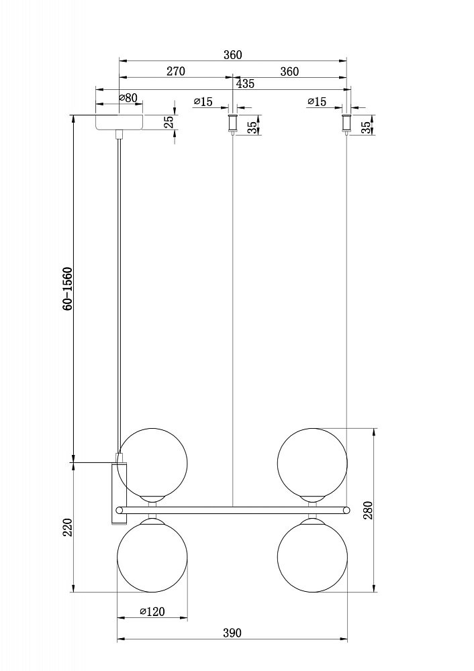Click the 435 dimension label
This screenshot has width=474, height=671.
tap(245, 83)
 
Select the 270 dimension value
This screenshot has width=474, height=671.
tap(175, 71)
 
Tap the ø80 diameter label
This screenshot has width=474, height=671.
tap(128, 98)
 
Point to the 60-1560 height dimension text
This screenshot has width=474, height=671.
tap(68, 289)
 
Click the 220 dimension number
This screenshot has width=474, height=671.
tap(68, 527)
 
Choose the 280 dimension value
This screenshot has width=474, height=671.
tap(369, 510)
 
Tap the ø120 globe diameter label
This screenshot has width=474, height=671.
tap(152, 612)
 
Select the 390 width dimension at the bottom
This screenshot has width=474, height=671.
tap(232, 633)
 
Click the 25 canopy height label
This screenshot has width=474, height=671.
tap(169, 122)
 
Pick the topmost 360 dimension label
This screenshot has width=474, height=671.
tap(232, 55)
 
